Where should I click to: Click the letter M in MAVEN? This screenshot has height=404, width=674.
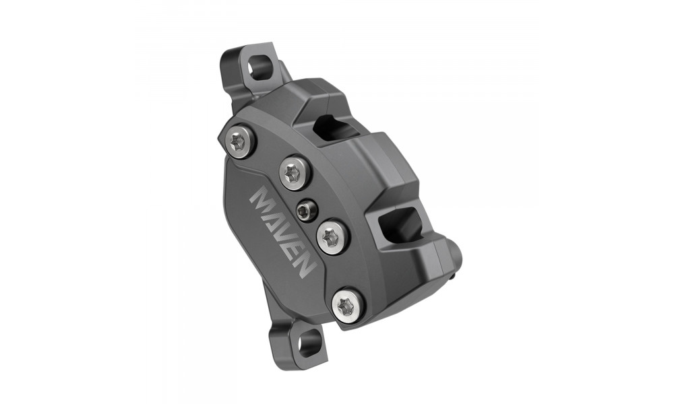point(262,200)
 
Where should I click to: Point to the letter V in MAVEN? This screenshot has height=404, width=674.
point(285,235)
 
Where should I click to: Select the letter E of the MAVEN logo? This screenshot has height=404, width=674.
point(295,251)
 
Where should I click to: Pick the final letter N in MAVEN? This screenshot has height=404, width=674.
point(303,266)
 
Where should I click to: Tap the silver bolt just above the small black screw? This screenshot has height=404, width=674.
point(295,174)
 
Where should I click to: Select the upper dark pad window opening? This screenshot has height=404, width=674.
point(336,127)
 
